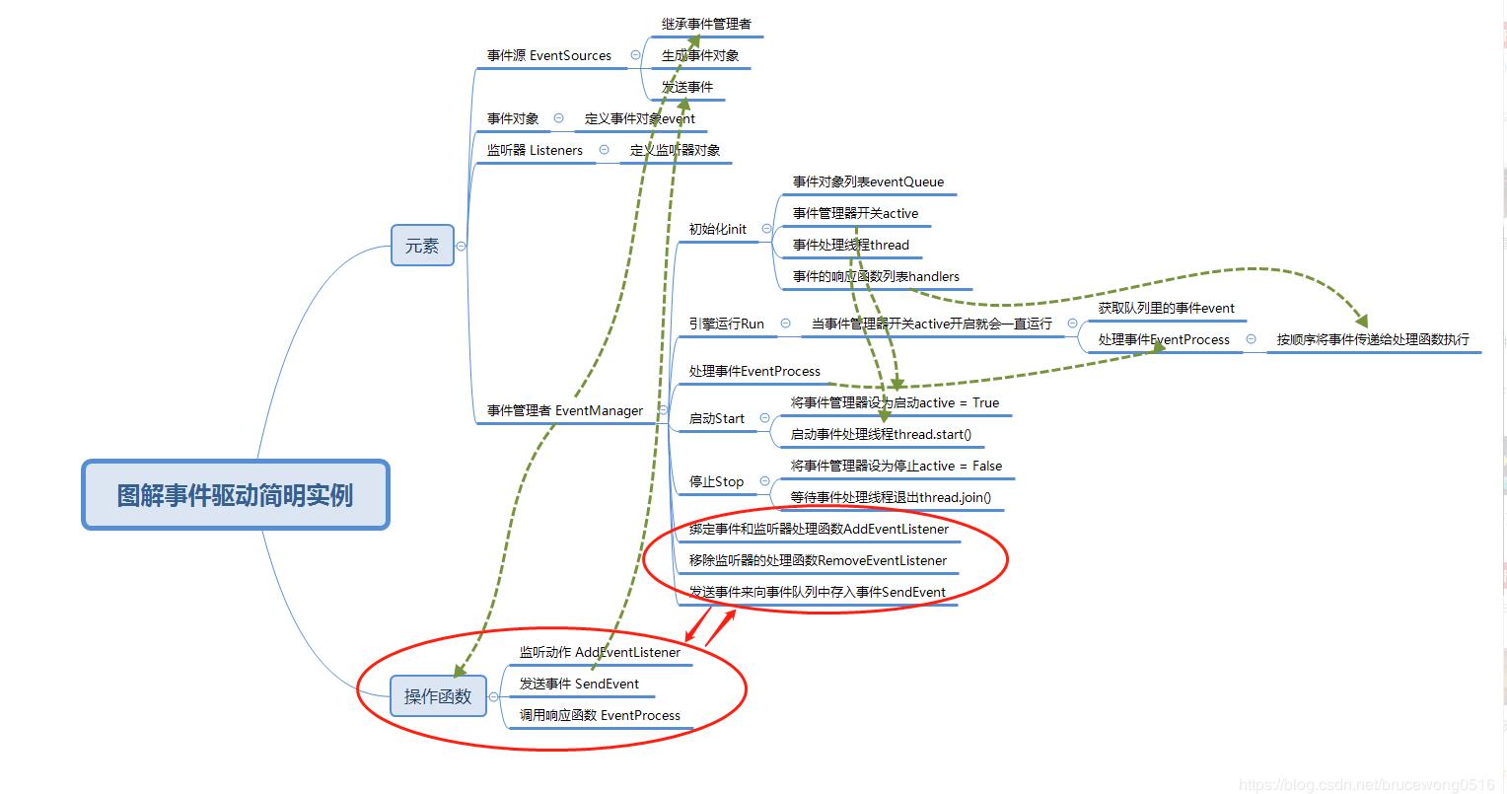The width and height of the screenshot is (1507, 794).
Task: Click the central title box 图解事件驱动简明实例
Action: click(x=235, y=495)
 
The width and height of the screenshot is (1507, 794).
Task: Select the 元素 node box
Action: click(x=422, y=246)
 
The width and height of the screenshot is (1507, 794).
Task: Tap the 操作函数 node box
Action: click(x=438, y=696)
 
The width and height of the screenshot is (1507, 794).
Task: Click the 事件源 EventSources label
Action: click(x=548, y=56)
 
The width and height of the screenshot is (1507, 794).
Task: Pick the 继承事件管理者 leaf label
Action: click(x=706, y=24)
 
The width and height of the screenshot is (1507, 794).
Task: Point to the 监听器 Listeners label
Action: click(x=535, y=151)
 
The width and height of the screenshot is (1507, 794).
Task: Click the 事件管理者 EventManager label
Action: click(x=565, y=410)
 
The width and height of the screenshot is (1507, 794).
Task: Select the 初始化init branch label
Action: click(x=717, y=229)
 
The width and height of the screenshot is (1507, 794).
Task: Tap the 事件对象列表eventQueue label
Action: click(x=868, y=181)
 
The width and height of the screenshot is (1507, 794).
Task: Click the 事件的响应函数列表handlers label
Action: click(x=876, y=276)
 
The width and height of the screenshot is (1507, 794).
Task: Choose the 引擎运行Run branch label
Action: click(x=726, y=324)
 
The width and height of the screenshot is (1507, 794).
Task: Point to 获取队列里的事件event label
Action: click(x=1166, y=308)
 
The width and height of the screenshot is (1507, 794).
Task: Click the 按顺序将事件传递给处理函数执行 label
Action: click(x=1373, y=339)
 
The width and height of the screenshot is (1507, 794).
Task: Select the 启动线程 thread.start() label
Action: click(x=881, y=434)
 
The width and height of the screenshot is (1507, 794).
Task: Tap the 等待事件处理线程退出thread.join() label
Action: click(x=891, y=497)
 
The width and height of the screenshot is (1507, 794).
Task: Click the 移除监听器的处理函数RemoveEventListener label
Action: click(x=818, y=560)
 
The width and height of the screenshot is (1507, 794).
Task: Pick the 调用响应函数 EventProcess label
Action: click(x=600, y=715)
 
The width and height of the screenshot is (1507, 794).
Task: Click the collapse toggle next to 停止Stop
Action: click(x=764, y=481)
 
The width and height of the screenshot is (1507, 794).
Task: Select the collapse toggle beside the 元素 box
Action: click(x=461, y=246)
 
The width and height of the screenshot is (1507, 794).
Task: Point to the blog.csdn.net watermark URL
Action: click(x=1367, y=784)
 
